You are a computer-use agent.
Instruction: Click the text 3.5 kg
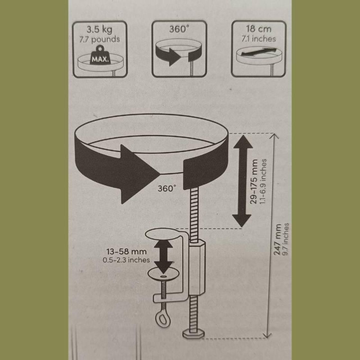click(99, 30)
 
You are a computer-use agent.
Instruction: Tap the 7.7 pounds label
click(99, 39)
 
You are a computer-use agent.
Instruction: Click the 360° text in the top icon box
click(180, 29)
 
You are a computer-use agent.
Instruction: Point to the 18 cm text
click(258, 29)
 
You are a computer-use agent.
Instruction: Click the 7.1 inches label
click(258, 39)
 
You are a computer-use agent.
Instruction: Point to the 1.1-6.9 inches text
click(263, 181)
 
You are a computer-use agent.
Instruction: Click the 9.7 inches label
click(286, 239)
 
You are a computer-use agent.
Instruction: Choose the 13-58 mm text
click(126, 252)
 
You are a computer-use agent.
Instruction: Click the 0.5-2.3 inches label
click(126, 260)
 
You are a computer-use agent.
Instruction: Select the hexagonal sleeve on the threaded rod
click(197, 267)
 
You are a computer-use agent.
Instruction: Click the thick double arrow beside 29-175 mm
click(242, 181)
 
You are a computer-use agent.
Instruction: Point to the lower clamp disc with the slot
click(163, 274)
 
